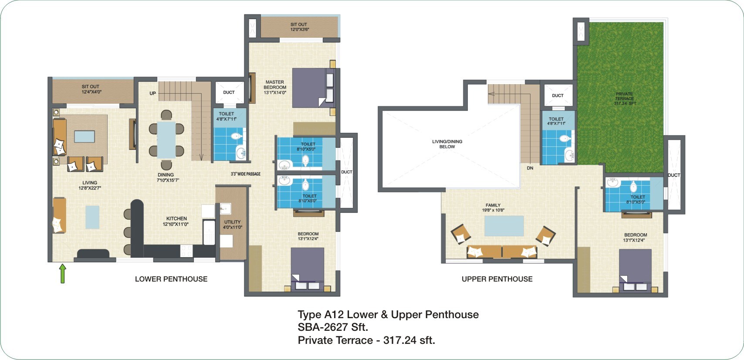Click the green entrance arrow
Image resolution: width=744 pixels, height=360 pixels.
(x=62, y=273)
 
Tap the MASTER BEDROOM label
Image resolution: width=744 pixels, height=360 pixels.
(x=275, y=87)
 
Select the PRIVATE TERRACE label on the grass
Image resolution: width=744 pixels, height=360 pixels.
(x=625, y=98)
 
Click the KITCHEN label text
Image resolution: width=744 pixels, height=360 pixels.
(x=176, y=221)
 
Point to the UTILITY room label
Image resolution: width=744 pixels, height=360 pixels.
(x=232, y=224)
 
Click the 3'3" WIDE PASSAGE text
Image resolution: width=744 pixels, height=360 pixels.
(x=246, y=174)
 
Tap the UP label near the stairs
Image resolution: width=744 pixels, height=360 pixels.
(x=152, y=93)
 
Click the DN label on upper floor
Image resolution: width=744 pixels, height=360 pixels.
(x=530, y=168)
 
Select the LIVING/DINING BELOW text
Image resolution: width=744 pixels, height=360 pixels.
(x=447, y=144)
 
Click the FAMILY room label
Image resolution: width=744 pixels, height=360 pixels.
(x=493, y=207)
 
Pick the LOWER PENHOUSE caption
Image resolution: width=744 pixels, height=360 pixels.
(x=171, y=279)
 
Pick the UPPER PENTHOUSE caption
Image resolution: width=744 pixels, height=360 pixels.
(x=497, y=279)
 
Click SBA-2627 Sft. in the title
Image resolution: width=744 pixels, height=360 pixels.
(x=333, y=327)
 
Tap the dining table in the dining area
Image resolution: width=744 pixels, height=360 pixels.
(x=166, y=139)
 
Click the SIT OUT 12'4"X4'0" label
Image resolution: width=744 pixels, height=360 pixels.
(x=91, y=89)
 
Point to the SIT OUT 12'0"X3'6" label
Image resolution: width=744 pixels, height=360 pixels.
(x=299, y=27)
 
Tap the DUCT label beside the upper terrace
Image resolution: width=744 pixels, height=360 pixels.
(x=673, y=175)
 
